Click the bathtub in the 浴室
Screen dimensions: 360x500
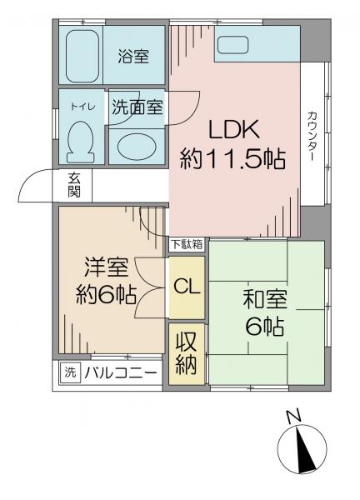coord(82,57)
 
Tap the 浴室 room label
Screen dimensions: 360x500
coord(133,57)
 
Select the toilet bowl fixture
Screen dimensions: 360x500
coord(80,142)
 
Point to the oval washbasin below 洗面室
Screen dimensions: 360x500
coord(137,147)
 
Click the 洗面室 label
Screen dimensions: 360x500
coord(137,107)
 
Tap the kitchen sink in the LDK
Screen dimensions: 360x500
coord(232,45)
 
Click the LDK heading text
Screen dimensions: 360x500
coord(233,129)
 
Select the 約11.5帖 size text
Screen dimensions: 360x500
coord(232,159)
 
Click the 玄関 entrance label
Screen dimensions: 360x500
coord(73,185)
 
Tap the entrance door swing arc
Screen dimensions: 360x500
coord(29,179)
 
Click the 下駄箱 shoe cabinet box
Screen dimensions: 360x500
coord(187,245)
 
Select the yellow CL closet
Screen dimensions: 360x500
coord(187,287)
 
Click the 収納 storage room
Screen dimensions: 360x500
coord(187,354)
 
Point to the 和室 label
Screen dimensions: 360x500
coord(265,299)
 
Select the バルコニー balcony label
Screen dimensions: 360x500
coord(121,372)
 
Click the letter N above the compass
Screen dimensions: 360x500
coord(293,417)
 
